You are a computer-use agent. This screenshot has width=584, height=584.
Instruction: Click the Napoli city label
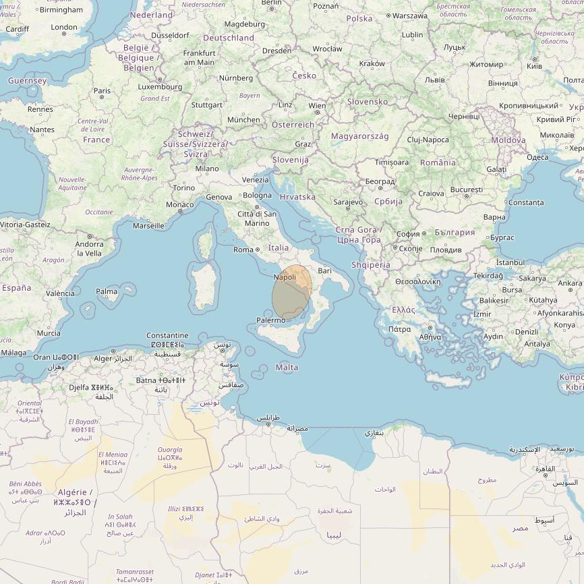(285, 277)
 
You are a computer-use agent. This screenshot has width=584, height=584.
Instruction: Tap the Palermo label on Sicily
(270, 320)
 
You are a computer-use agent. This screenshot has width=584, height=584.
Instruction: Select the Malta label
(287, 368)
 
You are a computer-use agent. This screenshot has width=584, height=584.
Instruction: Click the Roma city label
(243, 250)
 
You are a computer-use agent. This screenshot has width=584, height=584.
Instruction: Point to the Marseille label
(148, 226)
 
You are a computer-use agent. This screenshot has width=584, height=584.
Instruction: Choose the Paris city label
(102, 91)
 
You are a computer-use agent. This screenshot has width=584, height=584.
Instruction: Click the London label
(64, 28)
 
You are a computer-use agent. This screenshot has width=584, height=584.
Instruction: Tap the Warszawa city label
(409, 16)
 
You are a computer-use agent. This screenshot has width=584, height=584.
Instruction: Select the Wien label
(317, 106)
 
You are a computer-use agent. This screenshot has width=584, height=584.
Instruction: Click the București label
(467, 190)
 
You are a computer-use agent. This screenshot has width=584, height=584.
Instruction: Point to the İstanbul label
(510, 262)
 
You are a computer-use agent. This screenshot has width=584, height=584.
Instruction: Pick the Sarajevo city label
(348, 202)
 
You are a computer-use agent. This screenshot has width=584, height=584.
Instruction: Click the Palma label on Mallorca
(107, 292)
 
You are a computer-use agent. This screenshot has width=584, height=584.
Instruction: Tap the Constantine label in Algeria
(167, 335)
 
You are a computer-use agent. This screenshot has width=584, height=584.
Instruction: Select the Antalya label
(537, 344)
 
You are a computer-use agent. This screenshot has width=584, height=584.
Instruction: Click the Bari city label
(325, 270)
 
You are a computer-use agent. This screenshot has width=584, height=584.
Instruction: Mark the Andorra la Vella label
(89, 249)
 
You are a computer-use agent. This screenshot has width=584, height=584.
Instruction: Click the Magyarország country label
(359, 136)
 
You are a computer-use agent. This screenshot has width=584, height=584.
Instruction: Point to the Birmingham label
(61, 10)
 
